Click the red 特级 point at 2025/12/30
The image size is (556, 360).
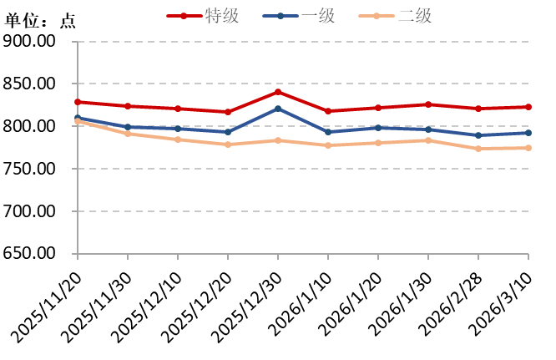coord(278,92)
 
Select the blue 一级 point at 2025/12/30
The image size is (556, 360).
coord(278,109)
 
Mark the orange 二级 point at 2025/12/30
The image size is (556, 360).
coord(278,140)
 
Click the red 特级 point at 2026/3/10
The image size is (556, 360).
coord(528,107)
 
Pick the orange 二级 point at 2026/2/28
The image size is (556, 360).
coord(478,149)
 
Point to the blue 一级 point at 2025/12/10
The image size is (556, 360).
coord(178,129)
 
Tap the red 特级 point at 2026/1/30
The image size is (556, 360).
coord(428,104)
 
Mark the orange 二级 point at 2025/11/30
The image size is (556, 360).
coord(128,134)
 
